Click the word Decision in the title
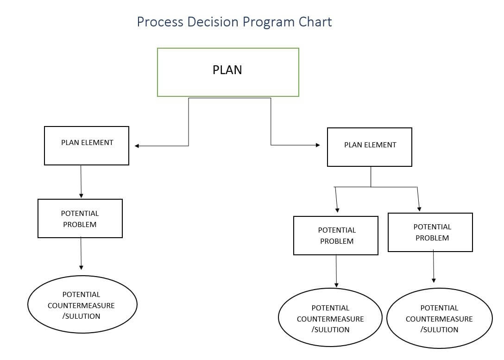click(x=209, y=22)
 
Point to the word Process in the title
click(x=160, y=22)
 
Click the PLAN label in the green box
click(x=227, y=70)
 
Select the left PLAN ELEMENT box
click(x=87, y=145)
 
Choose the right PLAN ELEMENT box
click(x=369, y=147)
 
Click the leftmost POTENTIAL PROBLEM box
click(x=80, y=218)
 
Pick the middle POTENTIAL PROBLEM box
click(x=336, y=235)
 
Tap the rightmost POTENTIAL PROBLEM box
click(x=430, y=232)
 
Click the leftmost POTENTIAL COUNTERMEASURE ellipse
click(x=82, y=305)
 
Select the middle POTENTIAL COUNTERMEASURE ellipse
click(x=330, y=318)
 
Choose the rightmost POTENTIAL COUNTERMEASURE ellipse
click(x=439, y=318)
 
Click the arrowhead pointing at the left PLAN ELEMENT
click(x=137, y=146)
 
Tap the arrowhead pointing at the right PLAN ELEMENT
click(x=317, y=145)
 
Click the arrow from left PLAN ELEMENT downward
click(x=81, y=182)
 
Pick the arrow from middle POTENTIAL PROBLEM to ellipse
click(x=336, y=271)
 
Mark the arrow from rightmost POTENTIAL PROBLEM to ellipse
click(x=434, y=266)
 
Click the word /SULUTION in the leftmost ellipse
click(x=82, y=316)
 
